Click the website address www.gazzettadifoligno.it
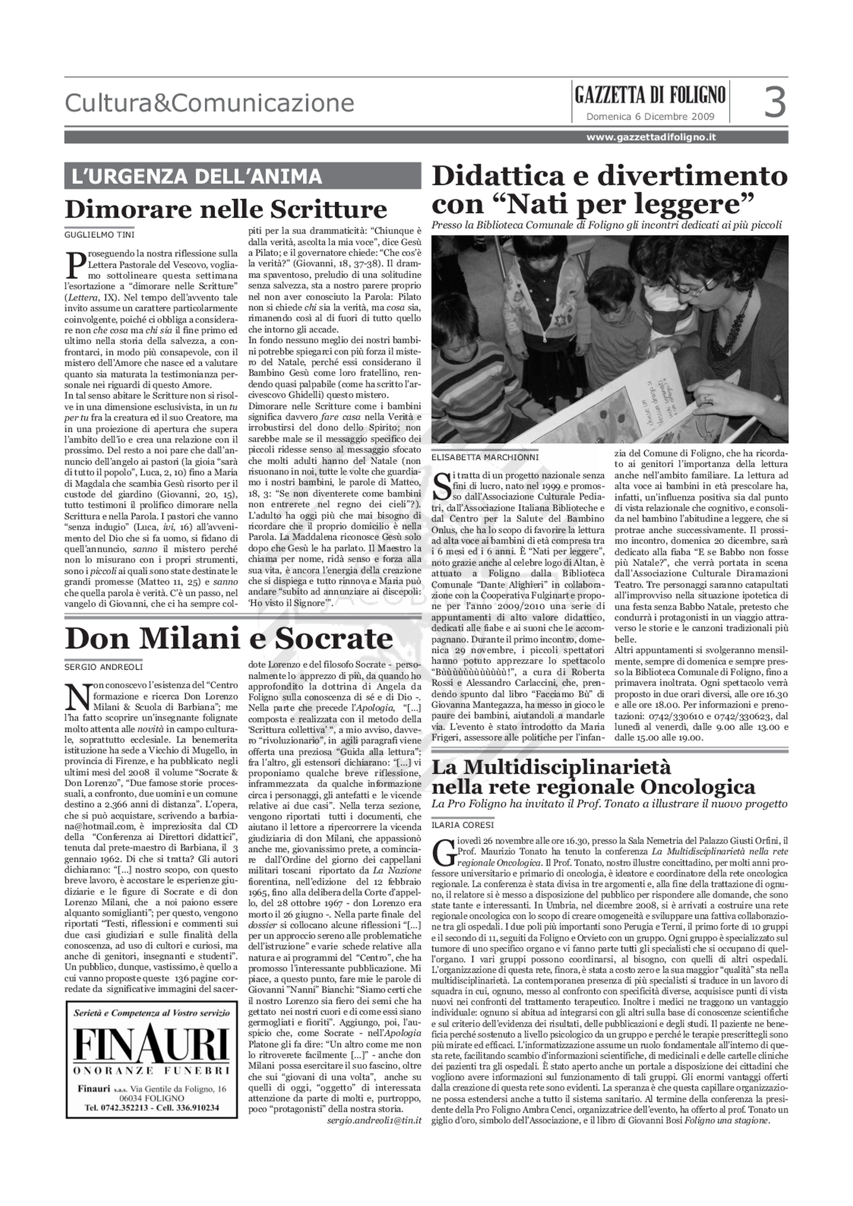point(651,137)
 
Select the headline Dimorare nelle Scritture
point(226,209)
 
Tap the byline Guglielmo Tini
point(99,235)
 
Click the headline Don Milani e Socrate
point(229,639)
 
